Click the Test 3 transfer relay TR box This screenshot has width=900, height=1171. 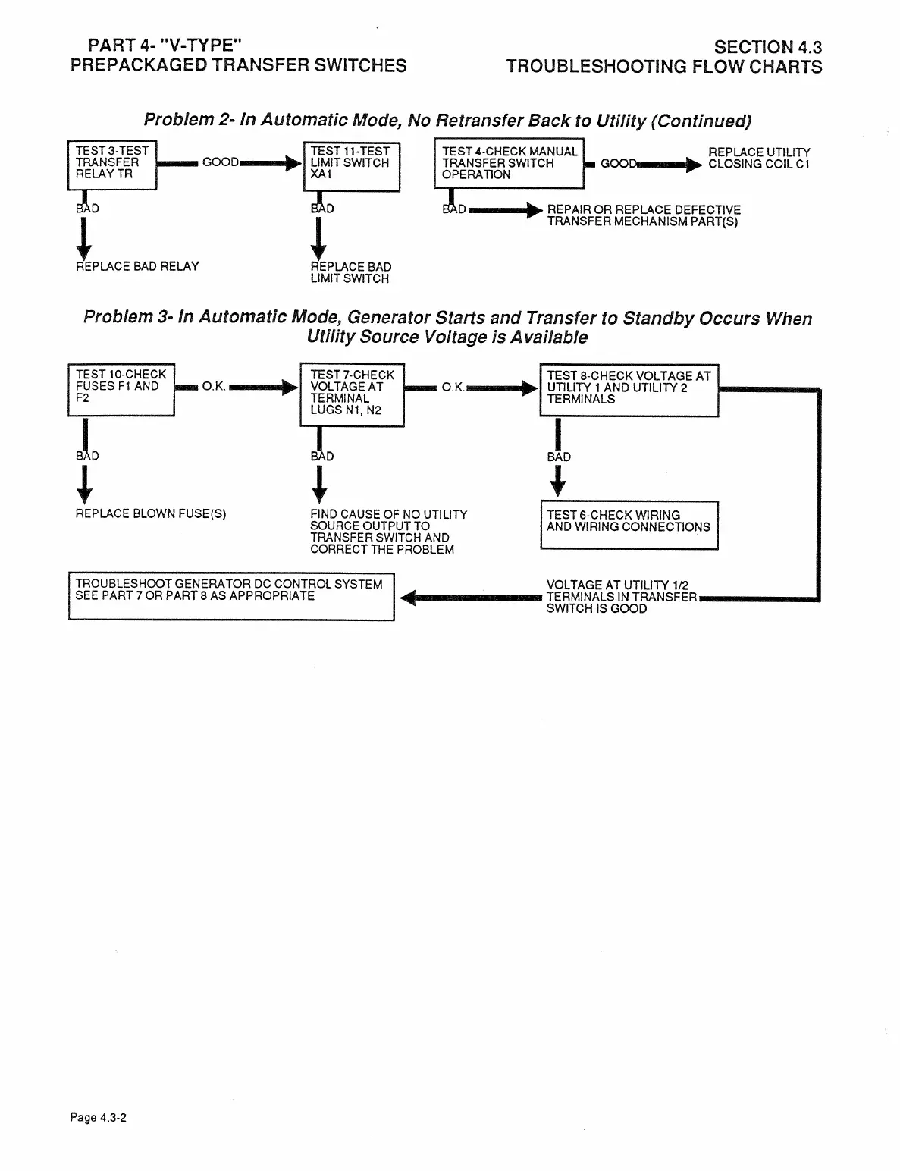pos(112,165)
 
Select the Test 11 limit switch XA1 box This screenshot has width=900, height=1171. pos(350,166)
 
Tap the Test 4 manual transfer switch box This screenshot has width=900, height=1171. pos(509,163)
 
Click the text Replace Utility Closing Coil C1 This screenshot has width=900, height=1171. pos(758,158)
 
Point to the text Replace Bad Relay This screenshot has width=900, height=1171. pos(137,266)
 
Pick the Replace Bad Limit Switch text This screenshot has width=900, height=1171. pos(351,272)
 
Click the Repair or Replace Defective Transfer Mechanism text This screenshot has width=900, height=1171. pos(643,215)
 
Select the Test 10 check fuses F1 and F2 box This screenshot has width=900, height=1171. pos(121,389)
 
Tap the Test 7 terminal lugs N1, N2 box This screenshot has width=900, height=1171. pos(353,394)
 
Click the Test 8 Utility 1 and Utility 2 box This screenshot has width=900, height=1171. pos(629,390)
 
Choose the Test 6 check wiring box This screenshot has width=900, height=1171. pos(629,524)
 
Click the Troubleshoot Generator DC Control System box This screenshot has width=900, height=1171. pos(231,597)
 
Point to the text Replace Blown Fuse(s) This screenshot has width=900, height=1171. pos(151,513)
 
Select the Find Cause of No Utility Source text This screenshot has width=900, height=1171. pos(388,532)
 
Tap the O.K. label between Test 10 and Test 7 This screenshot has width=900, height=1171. pos(214,386)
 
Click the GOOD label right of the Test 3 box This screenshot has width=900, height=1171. pos(221,162)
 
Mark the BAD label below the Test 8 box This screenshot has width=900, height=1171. pos(559,457)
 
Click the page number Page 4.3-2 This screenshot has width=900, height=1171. pos(98,1117)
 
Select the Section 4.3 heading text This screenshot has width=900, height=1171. pos(768,48)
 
